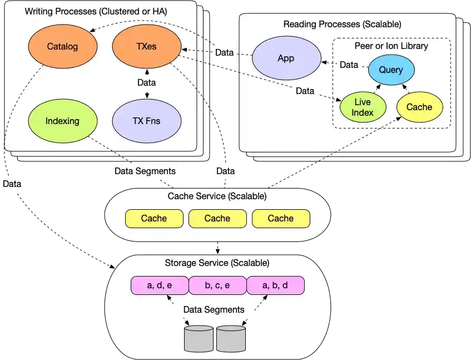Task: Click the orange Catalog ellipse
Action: coord(62,47)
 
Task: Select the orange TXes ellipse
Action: coord(146,47)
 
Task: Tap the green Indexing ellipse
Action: coord(62,121)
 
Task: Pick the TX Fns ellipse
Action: coord(146,121)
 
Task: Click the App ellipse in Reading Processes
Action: coord(286,58)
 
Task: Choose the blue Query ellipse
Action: coord(391,70)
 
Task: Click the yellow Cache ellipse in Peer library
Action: coord(419,107)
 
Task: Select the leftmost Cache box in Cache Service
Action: coord(154,219)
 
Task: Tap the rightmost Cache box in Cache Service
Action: coord(281,219)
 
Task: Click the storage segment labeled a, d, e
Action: coord(160,285)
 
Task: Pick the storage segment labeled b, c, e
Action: coord(217,285)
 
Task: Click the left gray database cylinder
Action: coord(199,339)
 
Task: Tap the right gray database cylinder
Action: coord(231,339)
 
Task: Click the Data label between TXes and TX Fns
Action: coord(146,83)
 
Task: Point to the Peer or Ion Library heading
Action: coord(391,46)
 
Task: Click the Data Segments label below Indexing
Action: coord(145,171)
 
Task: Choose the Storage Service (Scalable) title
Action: coord(217,263)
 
